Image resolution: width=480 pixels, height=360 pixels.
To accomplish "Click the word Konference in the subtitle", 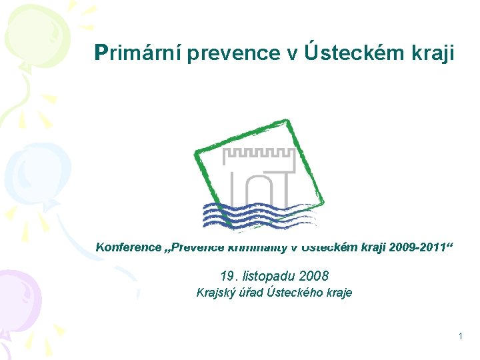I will coord(128,247).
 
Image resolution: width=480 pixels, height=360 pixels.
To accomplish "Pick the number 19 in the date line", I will coord(227,275).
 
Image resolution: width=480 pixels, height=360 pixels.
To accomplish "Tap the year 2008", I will coord(314,275).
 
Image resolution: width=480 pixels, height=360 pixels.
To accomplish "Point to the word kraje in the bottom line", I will coord(338,292).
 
